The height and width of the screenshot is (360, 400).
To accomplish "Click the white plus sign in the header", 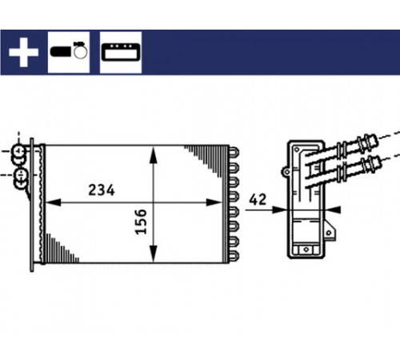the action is pos(23,52).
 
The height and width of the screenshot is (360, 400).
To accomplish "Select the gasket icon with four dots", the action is pos(121,52).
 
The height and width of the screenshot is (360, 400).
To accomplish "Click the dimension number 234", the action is pos(102,190).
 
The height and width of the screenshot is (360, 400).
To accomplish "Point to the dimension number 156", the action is pos(141,222).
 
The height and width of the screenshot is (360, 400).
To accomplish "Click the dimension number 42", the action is pos(258,199).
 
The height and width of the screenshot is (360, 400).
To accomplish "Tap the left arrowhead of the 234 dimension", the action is pos(53,202).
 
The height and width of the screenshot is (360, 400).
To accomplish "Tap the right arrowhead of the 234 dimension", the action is pos(214,202).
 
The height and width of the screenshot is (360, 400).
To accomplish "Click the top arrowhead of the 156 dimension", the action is pos(154,154).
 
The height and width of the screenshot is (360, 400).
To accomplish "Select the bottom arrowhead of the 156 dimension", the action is pos(154,254).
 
